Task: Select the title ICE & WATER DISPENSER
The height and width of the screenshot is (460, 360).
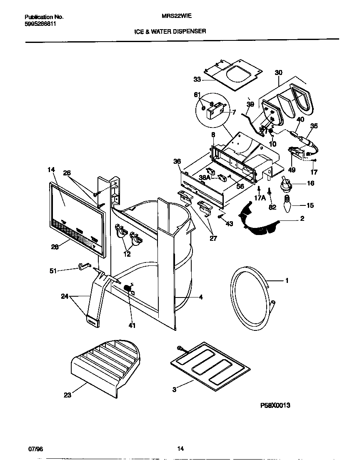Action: [170, 31]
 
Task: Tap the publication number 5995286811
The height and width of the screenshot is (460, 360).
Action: [40, 24]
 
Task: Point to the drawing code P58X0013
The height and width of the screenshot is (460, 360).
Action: [273, 404]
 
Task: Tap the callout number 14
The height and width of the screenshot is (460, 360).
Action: [51, 170]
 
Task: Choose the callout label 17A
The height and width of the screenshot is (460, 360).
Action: [260, 198]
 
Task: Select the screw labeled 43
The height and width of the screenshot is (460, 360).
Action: [220, 216]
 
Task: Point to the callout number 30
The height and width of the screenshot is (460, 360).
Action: [278, 72]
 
